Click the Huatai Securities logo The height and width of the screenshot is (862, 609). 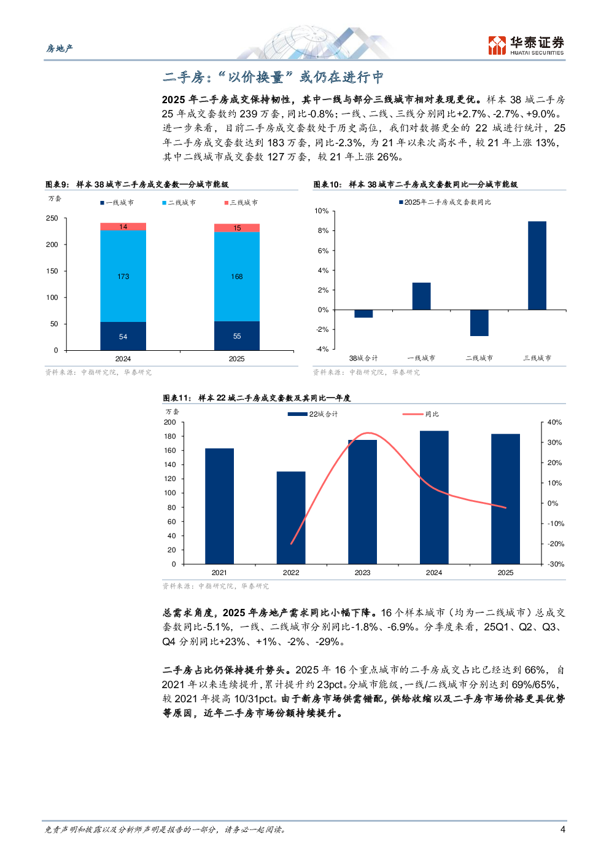tap(526, 45)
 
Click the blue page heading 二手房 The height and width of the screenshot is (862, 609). tap(273, 77)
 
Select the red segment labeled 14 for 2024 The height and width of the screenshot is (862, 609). tap(123, 227)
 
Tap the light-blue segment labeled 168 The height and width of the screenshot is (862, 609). tap(237, 276)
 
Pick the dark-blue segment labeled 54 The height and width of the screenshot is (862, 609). tap(123, 336)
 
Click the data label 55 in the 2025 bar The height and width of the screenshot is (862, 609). tap(237, 336)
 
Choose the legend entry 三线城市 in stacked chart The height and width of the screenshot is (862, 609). tap(241, 203)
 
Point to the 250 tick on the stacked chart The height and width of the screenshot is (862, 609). tap(52, 218)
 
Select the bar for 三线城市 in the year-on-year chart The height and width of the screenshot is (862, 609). tap(537, 265)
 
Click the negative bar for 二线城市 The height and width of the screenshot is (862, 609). tap(479, 323)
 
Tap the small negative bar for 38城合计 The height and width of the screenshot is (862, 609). tap(363, 313)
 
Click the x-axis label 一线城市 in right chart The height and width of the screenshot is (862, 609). tap(421, 358)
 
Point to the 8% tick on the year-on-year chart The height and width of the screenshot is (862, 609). tap(323, 230)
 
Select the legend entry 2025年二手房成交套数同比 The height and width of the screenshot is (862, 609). tap(445, 202)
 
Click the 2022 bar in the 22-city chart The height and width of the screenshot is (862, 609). tap(291, 517)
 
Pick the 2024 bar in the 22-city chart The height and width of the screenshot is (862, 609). tap(434, 497)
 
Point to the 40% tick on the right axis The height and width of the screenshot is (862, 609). tap(554, 422)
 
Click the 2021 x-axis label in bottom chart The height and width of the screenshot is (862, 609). tap(219, 573)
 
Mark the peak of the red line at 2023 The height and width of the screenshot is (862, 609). tap(367, 433)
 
